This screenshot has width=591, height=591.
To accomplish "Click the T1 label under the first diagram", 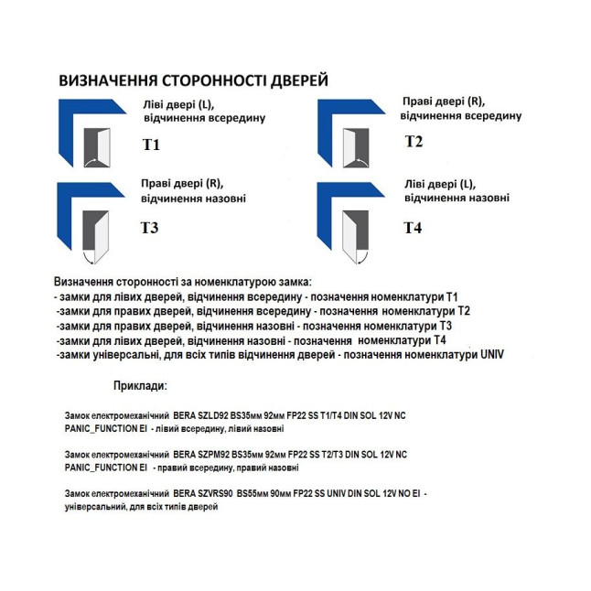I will pos(151,145).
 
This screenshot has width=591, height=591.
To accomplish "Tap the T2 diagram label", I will pos(414,141).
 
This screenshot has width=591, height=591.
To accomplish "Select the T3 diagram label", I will pos(150,228).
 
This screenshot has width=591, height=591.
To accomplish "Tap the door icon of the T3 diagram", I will pos(95,230).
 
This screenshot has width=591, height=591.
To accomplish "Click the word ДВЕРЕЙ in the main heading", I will pos(293,80).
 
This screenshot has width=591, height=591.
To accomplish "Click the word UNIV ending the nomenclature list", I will pos(492,353).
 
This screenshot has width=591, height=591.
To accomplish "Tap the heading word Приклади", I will pos(141,387).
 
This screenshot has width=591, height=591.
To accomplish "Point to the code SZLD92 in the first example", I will pos(211,415).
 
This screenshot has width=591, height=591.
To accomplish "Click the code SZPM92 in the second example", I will pos(212,455).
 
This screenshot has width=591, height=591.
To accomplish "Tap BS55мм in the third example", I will pos(253,493).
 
